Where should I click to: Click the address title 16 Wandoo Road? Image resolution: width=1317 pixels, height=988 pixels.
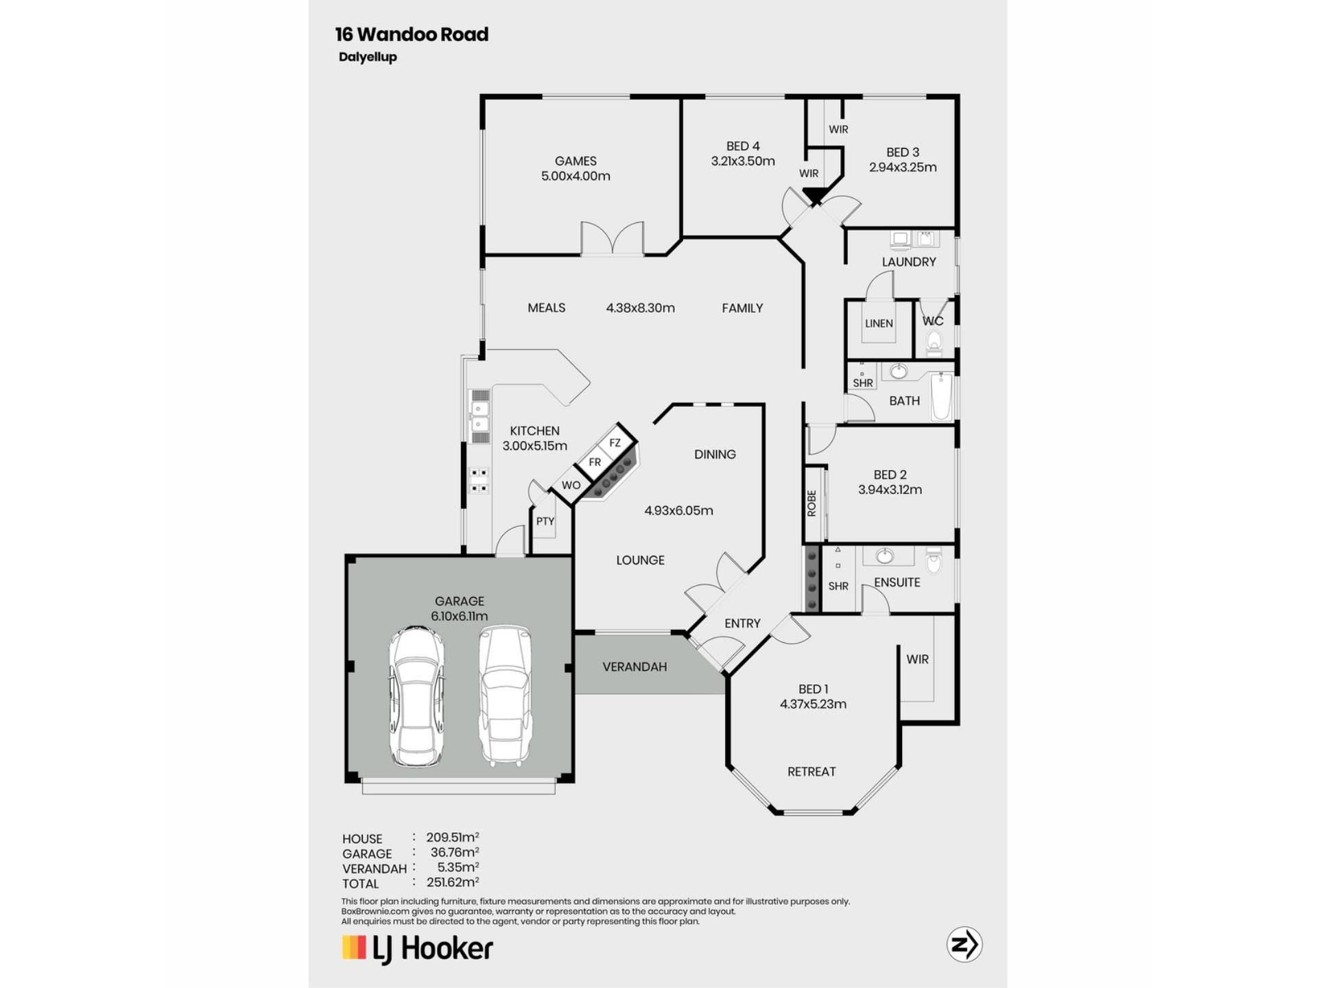412,34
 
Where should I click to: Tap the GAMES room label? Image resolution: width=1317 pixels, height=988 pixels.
576,161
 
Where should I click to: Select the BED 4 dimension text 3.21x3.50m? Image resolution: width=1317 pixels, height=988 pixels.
743,161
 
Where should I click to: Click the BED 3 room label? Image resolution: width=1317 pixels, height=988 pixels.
903,152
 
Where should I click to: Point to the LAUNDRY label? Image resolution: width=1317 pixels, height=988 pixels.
909,262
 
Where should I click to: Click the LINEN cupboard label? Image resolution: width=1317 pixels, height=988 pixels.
879,323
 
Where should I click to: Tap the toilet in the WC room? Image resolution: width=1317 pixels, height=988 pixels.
934,342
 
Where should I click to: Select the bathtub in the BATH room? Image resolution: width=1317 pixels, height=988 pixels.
942,397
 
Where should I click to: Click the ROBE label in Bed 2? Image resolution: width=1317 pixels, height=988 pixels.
812,503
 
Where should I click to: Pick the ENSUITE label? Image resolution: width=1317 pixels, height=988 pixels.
897,583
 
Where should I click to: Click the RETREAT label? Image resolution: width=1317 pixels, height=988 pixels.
811,772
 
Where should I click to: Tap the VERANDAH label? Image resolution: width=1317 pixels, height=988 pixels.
634,667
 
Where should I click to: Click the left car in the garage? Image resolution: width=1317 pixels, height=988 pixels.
416,696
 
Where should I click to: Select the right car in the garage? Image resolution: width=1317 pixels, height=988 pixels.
506,695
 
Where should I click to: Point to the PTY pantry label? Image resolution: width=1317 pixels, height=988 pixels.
545,521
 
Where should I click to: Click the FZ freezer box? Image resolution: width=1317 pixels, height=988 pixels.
615,443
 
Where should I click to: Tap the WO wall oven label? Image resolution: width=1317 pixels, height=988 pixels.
571,485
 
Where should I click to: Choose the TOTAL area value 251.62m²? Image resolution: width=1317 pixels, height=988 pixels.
453,882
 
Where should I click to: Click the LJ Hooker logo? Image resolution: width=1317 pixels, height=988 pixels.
418,949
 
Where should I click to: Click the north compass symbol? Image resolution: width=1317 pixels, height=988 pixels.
964,945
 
